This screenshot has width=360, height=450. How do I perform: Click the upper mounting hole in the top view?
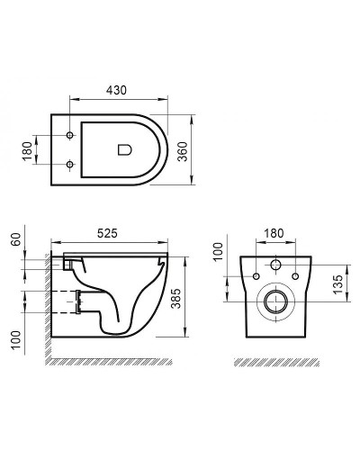[69, 136]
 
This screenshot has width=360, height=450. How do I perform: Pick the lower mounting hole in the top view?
[69, 164]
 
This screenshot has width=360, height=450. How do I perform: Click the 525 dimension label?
[110, 233]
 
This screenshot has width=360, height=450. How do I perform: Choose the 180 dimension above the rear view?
[274, 233]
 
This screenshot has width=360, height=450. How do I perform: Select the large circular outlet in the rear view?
[275, 303]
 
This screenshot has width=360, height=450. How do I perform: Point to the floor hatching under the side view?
[108, 362]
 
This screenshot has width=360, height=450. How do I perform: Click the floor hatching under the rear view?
[274, 362]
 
